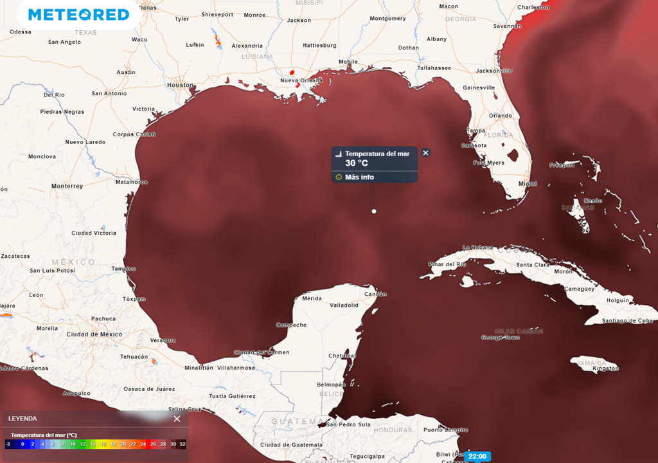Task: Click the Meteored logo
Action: point(78,14)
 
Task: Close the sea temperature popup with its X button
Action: point(425,153)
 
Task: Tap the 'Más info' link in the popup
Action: point(359,177)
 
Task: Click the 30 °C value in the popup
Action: point(357,163)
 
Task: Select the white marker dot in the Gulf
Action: point(374,211)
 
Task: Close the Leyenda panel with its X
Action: point(177,419)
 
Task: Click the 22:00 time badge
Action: point(477,457)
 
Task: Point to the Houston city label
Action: point(179,85)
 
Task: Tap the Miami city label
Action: point(528,184)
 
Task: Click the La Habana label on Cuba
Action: point(479,248)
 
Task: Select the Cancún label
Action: point(375,295)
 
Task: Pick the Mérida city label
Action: point(312,298)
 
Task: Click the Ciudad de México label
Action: point(94,334)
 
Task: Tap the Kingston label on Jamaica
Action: point(605,368)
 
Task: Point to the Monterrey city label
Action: point(67,186)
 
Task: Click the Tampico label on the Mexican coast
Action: point(123,269)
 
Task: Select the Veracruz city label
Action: point(163,340)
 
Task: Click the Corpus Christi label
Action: point(134,134)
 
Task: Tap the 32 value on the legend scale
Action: point(182,444)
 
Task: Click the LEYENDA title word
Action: point(22,419)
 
